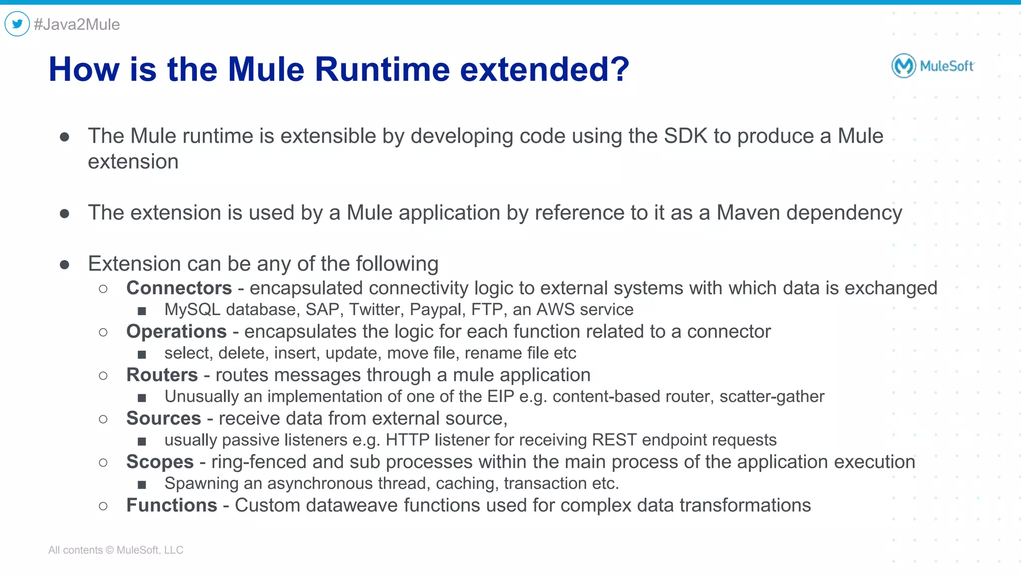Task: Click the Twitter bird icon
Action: pyautogui.click(x=17, y=23)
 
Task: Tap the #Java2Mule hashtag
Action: pyautogui.click(x=77, y=24)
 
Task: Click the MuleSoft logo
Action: pyautogui.click(x=933, y=66)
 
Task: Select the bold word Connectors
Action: pyautogui.click(x=179, y=288)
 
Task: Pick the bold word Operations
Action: pyautogui.click(x=176, y=332)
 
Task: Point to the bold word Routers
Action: pyautogui.click(x=162, y=375)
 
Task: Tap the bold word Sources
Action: pyautogui.click(x=164, y=418)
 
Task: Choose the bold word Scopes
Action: pyautogui.click(x=160, y=462)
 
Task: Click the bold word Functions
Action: pyautogui.click(x=171, y=505)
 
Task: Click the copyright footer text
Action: pyautogui.click(x=116, y=550)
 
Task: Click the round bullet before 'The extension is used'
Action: pyautogui.click(x=64, y=214)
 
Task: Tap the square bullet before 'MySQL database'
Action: pyautogui.click(x=142, y=311)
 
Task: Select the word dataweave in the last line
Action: pyautogui.click(x=352, y=505)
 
